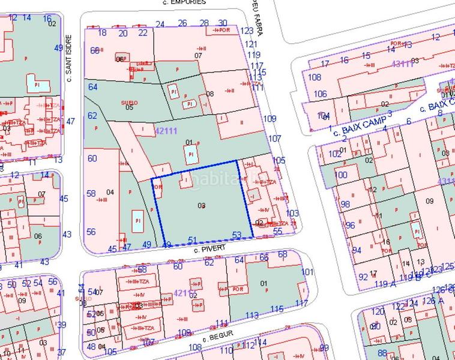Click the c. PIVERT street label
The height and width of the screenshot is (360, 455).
(x=209, y=247)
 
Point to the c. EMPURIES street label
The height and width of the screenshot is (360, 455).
(x=184, y=2)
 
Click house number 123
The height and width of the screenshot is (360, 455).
(x=247, y=31)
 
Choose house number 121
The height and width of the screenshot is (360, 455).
(x=251, y=44)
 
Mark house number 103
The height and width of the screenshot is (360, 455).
(x=292, y=214)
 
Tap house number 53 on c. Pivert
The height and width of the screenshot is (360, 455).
(x=237, y=235)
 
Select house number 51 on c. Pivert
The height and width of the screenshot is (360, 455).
(x=193, y=240)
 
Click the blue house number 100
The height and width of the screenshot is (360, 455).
(x=341, y=175)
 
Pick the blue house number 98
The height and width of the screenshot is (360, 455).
(x=345, y=205)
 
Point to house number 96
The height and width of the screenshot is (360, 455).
(x=351, y=226)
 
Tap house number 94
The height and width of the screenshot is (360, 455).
(x=357, y=250)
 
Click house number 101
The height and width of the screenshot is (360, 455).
(x=307, y=272)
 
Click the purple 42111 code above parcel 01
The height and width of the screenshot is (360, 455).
(x=166, y=130)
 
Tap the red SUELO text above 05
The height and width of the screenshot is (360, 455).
(x=129, y=103)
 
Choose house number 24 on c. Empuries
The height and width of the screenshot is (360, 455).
(x=160, y=24)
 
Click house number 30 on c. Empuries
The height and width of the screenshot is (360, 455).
(x=223, y=23)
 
